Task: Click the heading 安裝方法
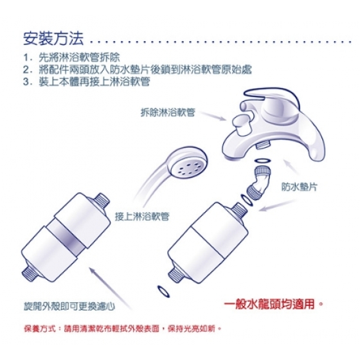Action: point(53,38)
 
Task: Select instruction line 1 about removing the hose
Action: point(71,57)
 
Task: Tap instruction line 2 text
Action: point(138,69)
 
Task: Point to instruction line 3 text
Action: point(87,81)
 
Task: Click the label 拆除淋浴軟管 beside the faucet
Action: point(168,113)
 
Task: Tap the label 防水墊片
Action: point(299,187)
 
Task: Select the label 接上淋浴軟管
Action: point(142,216)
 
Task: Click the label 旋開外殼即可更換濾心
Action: point(69,306)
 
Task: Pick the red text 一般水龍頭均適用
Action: point(273,305)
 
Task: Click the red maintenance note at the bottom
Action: point(123,328)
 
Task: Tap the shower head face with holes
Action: point(190,168)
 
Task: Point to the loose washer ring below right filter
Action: point(164,291)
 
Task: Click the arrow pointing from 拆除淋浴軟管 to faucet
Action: point(213,116)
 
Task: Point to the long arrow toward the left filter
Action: point(110,288)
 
